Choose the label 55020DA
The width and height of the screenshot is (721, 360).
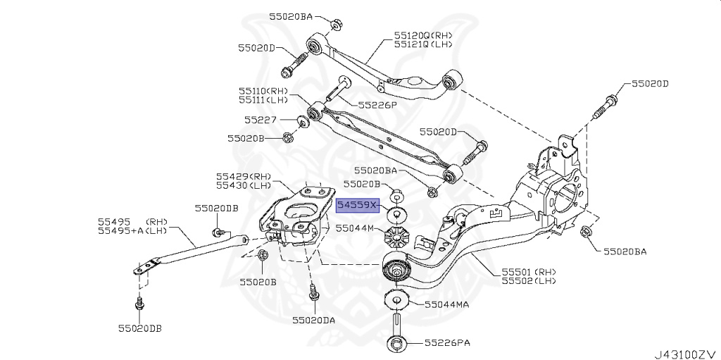click(314, 320)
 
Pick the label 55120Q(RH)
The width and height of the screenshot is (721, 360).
click(424, 35)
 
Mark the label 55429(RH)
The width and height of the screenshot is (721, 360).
click(243, 175)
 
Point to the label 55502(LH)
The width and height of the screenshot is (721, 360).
click(528, 280)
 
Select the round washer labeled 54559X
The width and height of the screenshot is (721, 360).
click(396, 213)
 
